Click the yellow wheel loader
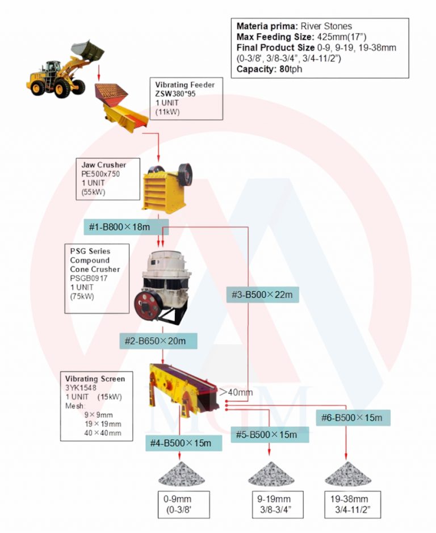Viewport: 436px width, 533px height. [65, 70]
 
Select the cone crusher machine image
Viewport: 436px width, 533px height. [162, 287]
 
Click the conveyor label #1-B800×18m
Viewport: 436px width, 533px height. [126, 227]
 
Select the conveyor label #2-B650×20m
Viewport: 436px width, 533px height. [158, 341]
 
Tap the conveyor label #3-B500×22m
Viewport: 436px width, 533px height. [262, 295]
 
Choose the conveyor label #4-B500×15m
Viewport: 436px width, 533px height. [183, 443]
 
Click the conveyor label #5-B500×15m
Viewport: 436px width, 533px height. [270, 435]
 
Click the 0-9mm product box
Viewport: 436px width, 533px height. [183, 505]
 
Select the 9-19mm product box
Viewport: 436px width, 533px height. [278, 505]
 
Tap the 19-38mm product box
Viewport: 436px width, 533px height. [353, 505]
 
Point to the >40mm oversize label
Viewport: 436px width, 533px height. [236, 392]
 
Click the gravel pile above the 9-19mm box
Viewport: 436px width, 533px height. [271, 474]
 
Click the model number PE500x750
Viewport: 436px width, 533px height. [100, 174]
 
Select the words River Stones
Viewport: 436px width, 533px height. [326, 26]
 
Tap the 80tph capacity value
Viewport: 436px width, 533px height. [291, 69]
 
